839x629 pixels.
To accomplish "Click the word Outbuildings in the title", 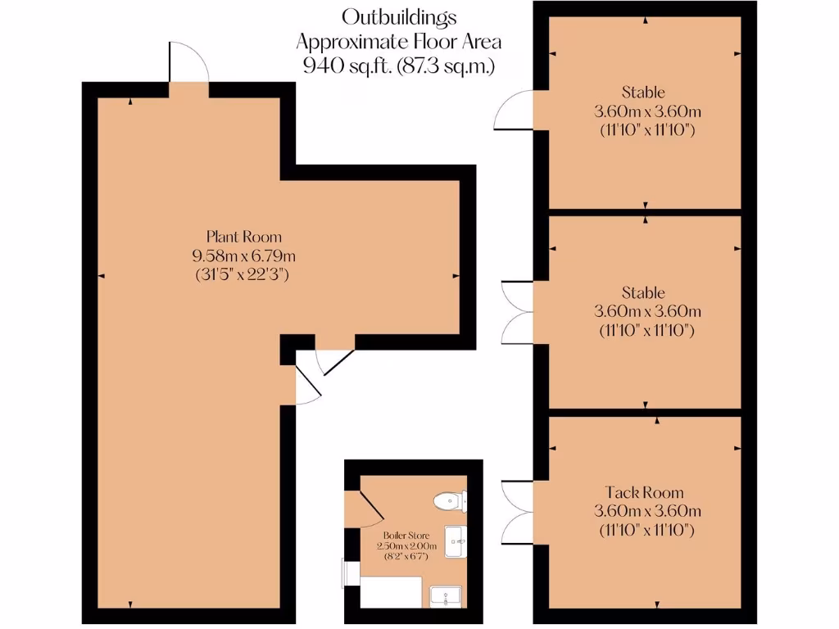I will tap(399, 16).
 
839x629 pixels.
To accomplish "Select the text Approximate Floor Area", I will tap(399, 41).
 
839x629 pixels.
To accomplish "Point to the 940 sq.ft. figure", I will tap(347, 66).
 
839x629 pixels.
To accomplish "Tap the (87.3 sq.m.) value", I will tap(447, 66).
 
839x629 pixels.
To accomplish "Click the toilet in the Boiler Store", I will tap(450, 500).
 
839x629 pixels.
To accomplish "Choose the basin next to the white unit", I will tap(447, 597).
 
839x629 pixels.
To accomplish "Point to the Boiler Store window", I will tap(347, 572).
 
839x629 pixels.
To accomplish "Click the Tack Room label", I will tap(644, 493).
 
